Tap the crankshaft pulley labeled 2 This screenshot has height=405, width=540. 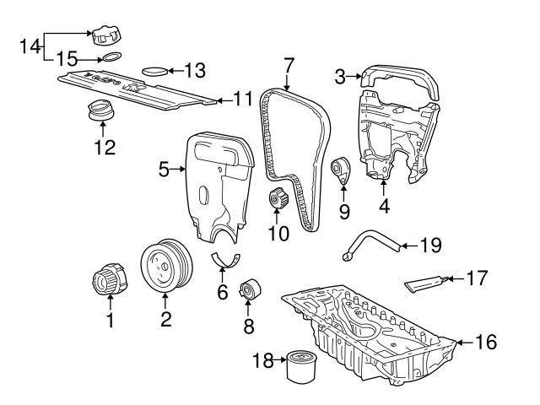pos(165,266)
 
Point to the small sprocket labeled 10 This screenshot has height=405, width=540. pos(278,202)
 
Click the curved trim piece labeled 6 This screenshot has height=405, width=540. pos(225,262)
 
